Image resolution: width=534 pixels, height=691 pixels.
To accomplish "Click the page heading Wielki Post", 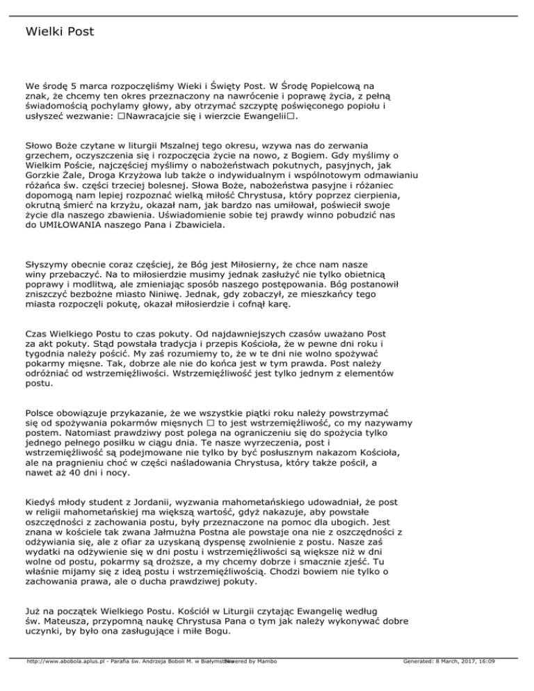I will tap(58, 32).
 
